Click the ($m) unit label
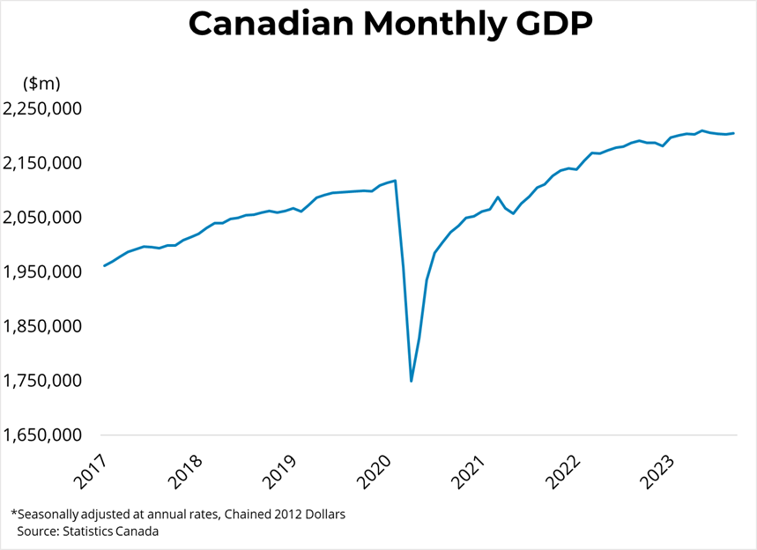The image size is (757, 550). pyautogui.click(x=42, y=83)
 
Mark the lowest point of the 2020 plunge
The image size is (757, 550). pyautogui.click(x=411, y=381)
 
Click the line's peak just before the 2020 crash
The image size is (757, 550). pyautogui.click(x=395, y=181)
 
